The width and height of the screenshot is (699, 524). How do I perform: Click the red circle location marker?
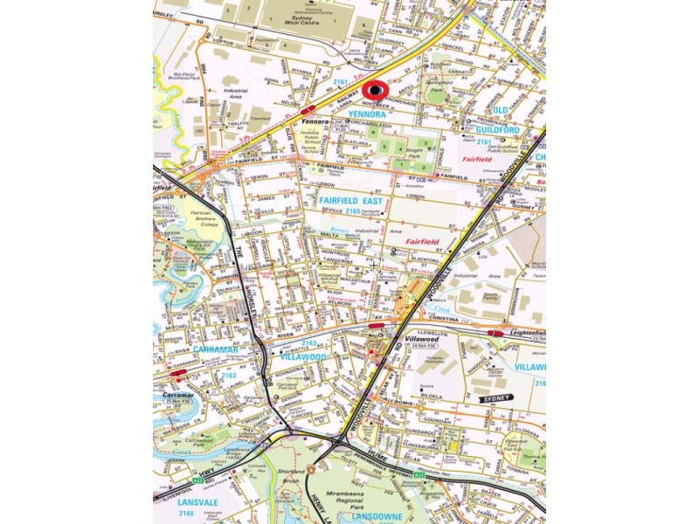(x=376, y=90)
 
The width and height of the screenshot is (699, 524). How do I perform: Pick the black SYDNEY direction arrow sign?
(x=495, y=398)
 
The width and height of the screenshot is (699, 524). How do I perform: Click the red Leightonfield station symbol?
(x=495, y=333)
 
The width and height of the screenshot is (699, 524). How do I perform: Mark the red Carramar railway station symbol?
(x=178, y=373)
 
